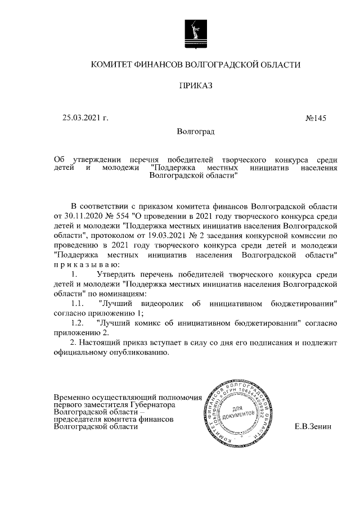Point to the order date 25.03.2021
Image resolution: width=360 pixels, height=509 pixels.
(x=80, y=118)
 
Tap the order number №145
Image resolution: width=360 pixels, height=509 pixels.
(x=315, y=118)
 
